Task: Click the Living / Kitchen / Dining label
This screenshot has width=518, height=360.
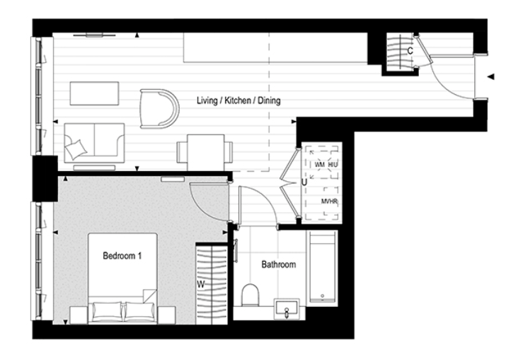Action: (238, 101)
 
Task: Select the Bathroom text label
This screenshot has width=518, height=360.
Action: (278, 265)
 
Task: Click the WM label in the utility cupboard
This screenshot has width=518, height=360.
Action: (319, 164)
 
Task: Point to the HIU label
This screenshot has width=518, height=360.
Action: (334, 164)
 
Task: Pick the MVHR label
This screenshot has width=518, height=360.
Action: (329, 202)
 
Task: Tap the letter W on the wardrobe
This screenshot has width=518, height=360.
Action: (200, 286)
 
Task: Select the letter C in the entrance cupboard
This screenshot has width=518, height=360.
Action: (410, 51)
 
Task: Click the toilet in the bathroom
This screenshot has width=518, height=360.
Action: (251, 294)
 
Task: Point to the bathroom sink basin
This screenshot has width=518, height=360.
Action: (287, 309)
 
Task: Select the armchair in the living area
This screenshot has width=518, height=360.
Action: (159, 108)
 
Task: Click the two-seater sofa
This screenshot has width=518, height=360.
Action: (94, 143)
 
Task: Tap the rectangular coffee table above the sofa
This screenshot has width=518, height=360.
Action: (94, 94)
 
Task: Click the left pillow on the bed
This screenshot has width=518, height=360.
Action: (105, 310)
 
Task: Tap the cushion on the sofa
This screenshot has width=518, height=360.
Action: (76, 148)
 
